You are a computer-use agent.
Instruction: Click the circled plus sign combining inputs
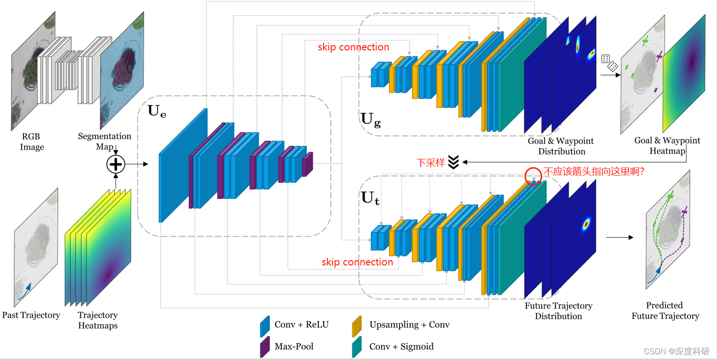115,165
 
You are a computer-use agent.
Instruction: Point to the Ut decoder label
370,198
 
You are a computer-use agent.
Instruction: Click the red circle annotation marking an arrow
534,176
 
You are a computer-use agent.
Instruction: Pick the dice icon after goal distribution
609,63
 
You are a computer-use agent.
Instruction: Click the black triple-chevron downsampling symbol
453,162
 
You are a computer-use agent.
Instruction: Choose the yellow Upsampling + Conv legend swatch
357,326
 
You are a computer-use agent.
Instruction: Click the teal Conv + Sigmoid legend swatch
357,347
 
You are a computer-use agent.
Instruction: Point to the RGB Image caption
32,142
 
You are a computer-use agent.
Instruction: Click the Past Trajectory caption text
31,315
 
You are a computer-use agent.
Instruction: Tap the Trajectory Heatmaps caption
97,320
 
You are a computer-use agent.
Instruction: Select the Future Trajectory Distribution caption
559,311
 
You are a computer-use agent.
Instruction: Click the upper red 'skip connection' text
353,47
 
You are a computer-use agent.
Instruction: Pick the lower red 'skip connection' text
357,262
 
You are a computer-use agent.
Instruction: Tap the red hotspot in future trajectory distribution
586,224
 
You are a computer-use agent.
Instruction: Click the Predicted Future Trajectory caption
665,311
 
